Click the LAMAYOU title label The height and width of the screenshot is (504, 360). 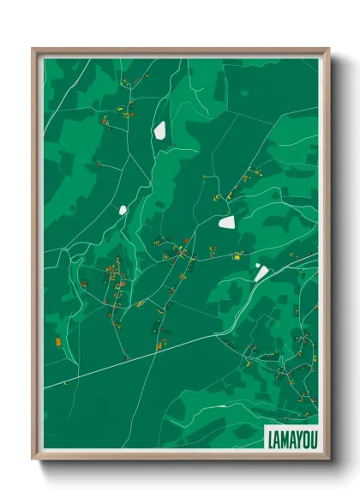tap(291, 436)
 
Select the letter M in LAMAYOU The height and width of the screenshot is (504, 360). tap(285, 436)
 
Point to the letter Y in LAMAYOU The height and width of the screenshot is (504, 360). tap(297, 436)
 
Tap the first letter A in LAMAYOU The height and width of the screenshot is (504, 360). tap(277, 436)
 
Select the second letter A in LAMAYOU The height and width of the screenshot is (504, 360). tap(291, 436)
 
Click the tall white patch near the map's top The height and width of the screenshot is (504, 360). tap(159, 130)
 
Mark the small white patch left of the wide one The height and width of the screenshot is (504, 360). tap(123, 209)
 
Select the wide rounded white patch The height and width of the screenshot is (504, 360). tap(227, 222)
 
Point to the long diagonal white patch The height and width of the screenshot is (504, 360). tap(261, 273)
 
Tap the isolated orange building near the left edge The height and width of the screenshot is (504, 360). tap(58, 342)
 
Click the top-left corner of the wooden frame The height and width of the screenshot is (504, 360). tap(33, 49)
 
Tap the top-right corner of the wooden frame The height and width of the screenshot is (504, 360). tap(327, 49)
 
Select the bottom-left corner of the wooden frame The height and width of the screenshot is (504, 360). tap(33, 458)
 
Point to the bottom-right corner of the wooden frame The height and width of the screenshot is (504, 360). tap(327, 458)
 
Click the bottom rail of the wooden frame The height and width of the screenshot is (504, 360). tap(180, 457)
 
